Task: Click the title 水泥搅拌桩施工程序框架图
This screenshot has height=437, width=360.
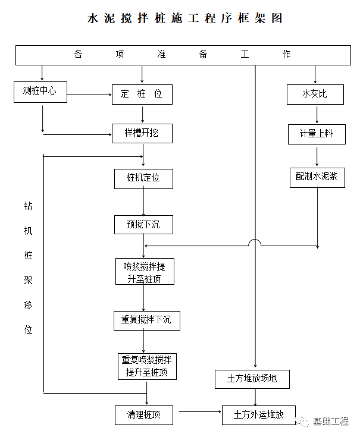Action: [184, 18]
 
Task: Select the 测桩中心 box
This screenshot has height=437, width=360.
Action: [40, 92]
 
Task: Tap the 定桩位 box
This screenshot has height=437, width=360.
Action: [142, 94]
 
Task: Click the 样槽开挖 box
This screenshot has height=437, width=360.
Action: [142, 133]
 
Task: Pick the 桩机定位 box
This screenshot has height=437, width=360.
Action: [143, 178]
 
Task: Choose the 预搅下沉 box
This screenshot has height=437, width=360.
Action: [143, 224]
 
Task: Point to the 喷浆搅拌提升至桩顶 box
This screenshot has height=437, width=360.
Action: [145, 271]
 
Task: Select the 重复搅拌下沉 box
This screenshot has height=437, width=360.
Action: [146, 320]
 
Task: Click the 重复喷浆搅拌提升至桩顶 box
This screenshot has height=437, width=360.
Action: [147, 366]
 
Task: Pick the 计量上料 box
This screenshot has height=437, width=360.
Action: [316, 134]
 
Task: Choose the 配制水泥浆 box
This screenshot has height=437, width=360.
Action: [317, 177]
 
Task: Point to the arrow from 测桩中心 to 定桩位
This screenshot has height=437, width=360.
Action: [89, 94]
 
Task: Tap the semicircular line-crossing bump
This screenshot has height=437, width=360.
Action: [255, 243]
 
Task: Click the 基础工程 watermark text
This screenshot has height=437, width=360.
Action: [330, 422]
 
